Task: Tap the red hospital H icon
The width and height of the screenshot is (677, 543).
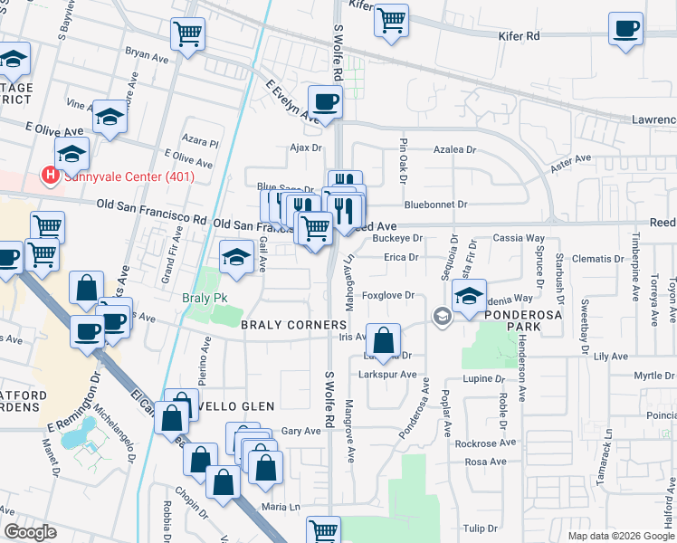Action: tap(50, 175)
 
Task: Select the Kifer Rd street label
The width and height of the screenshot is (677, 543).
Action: tap(519, 37)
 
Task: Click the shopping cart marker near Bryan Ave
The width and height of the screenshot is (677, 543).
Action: tap(187, 35)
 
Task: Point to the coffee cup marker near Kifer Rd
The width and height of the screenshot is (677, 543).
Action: tap(625, 30)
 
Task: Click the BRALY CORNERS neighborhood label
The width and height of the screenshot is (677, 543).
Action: tap(294, 324)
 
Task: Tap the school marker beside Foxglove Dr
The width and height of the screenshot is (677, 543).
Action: tap(469, 297)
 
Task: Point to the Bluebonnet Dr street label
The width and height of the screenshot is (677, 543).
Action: tap(435, 205)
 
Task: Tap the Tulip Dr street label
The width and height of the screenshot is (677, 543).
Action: tap(481, 528)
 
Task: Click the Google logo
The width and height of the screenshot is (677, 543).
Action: tap(29, 532)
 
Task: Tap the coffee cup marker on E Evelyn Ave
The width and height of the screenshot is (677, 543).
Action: tap(325, 101)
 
